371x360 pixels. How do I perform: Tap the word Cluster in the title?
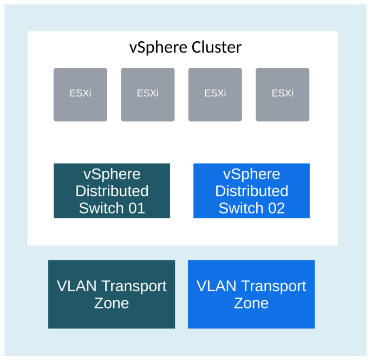[x=216, y=48]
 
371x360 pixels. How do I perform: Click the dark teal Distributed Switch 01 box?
[x=112, y=191]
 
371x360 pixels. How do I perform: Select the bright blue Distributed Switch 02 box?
[x=251, y=191]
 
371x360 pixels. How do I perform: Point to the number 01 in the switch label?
[x=136, y=208]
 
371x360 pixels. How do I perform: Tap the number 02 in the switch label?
[x=276, y=208]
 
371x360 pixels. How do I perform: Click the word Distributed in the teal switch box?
[x=112, y=191]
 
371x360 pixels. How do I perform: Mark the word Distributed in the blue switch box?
[x=252, y=191]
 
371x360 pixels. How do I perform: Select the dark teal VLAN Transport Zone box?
[x=112, y=294]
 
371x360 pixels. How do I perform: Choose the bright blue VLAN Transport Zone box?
[x=251, y=294]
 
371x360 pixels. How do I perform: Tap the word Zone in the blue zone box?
[x=251, y=303]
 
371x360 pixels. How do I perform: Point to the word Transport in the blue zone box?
[x=274, y=286]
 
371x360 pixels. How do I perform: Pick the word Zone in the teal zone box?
[x=112, y=303]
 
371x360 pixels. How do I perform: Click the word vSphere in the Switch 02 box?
[x=252, y=174]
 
